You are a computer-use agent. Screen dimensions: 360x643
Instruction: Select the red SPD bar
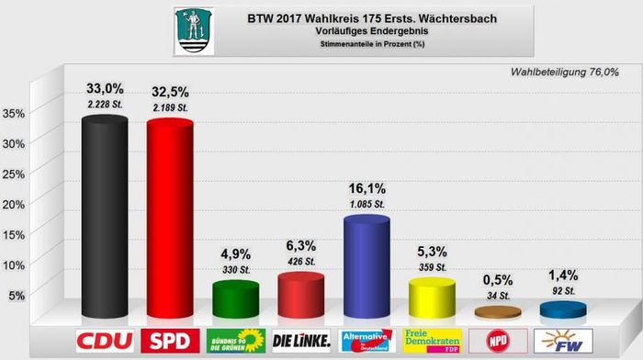click(x=170, y=219)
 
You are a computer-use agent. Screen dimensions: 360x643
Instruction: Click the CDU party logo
click(x=105, y=341)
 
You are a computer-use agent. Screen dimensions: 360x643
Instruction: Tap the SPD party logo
click(x=171, y=341)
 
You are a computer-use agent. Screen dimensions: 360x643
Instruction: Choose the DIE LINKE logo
click(x=301, y=341)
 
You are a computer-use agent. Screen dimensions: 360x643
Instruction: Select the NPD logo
click(x=497, y=341)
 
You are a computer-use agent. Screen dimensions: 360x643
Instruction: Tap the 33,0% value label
click(x=105, y=89)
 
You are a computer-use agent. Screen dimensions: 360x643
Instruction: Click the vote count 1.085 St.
click(x=366, y=201)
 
